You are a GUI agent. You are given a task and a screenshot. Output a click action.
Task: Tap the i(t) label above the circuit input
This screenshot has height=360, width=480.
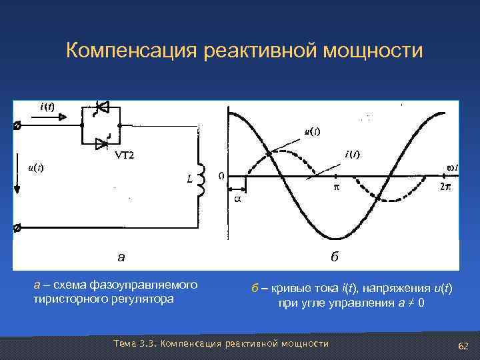pyautogui.click(x=47, y=107)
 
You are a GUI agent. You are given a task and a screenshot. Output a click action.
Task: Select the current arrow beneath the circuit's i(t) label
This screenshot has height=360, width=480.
pyautogui.click(x=50, y=117)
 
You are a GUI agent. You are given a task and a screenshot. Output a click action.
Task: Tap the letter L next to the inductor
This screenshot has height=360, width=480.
pyautogui.click(x=189, y=179)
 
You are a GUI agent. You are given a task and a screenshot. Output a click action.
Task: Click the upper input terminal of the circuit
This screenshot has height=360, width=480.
pyautogui.click(x=17, y=125)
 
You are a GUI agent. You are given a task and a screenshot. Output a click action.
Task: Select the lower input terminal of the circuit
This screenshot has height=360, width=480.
pyautogui.click(x=17, y=228)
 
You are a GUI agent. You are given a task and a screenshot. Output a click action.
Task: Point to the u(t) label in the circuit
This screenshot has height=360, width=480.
pyautogui.click(x=35, y=167)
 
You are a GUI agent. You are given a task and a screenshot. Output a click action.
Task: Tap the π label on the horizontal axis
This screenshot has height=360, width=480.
pyautogui.click(x=336, y=188)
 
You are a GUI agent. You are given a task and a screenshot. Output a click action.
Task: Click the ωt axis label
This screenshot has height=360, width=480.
pyautogui.click(x=451, y=166)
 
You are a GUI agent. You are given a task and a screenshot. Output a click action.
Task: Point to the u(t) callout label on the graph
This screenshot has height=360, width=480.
pyautogui.click(x=311, y=131)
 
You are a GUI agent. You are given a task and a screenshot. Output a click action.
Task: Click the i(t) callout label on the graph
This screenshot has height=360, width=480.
pyautogui.click(x=352, y=155)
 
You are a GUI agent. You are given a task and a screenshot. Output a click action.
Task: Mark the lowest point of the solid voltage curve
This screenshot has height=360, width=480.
pyautogui.click(x=338, y=238)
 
